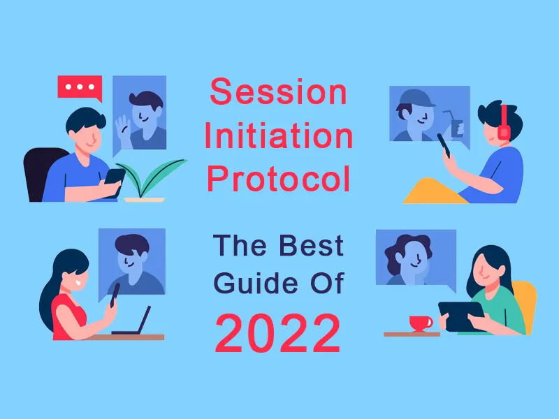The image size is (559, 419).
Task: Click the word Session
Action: [x=278, y=91]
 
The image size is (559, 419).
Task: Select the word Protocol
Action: [x=278, y=179]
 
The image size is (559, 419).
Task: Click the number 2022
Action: [x=278, y=333]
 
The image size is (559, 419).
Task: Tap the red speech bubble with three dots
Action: [x=80, y=88]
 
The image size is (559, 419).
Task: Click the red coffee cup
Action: [x=420, y=323]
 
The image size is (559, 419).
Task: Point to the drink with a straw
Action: [x=458, y=126]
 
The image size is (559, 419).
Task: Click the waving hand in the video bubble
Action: [x=122, y=127]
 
